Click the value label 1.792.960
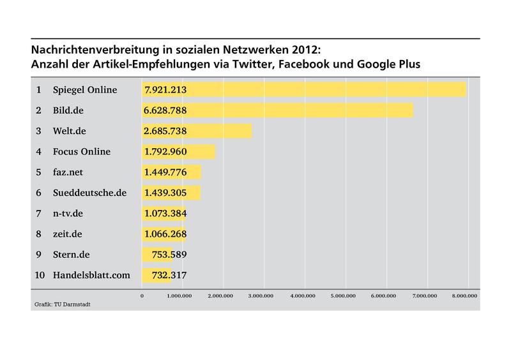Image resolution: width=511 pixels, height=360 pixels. (165, 152)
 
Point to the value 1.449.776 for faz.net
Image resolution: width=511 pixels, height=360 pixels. (165, 172)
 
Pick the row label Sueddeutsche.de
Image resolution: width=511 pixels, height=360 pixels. (90, 193)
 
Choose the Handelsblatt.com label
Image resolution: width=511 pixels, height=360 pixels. (92, 275)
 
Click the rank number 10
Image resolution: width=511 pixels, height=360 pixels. (39, 275)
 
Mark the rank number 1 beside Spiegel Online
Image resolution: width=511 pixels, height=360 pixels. (39, 90)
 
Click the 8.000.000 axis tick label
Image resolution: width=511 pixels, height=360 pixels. (464, 296)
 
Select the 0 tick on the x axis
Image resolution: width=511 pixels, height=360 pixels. (142, 296)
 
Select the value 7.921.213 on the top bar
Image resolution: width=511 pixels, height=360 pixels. (165, 90)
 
